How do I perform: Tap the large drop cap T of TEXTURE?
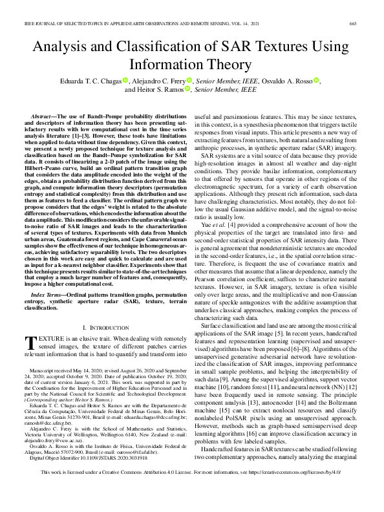[30, 344]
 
